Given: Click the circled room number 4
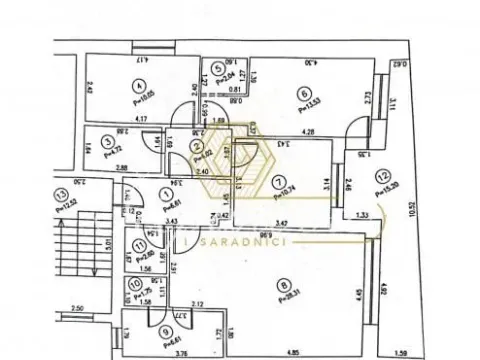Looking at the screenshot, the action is (139, 85).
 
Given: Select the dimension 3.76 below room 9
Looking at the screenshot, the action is (154, 353).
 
